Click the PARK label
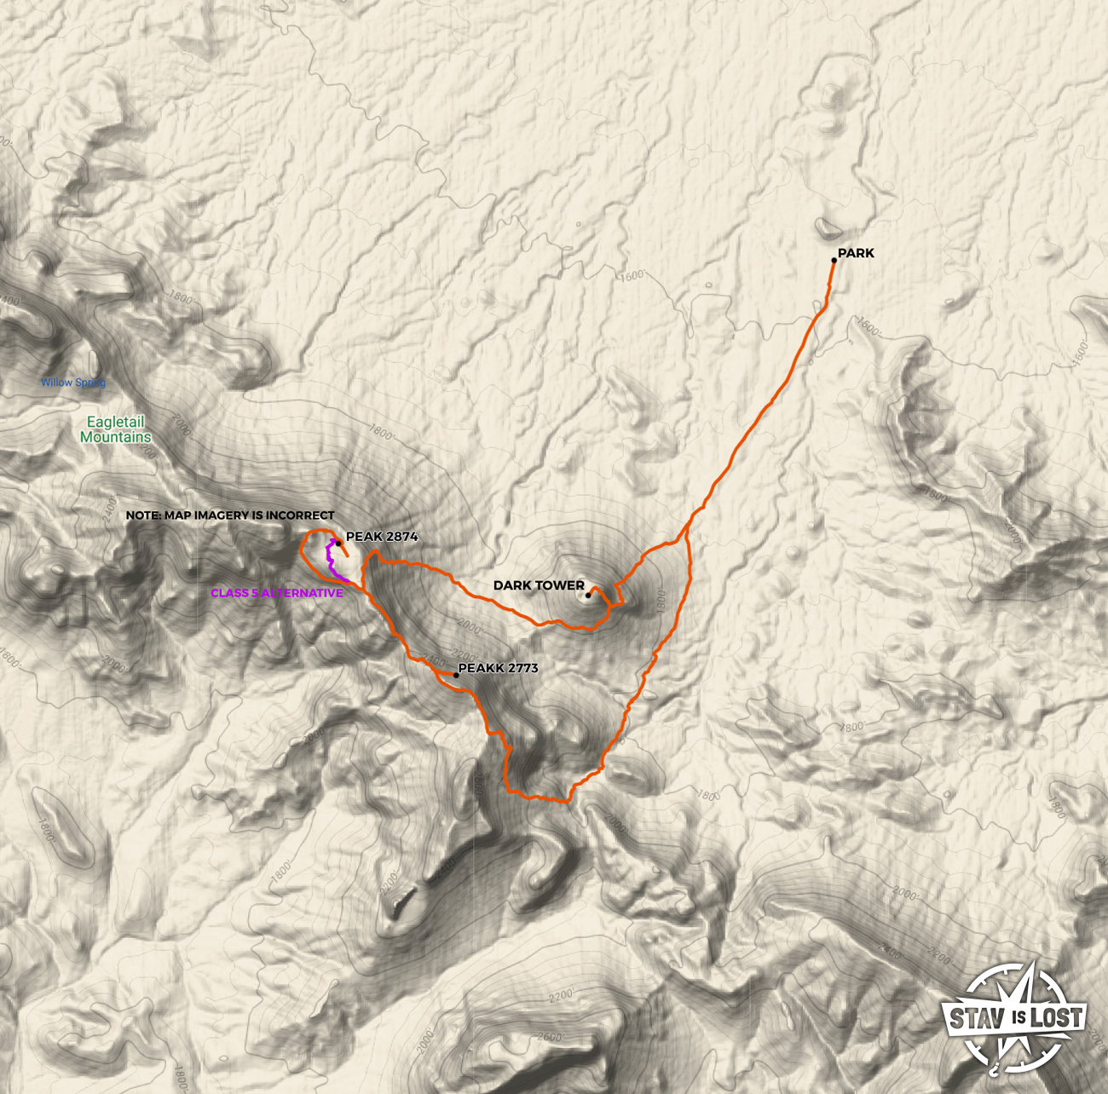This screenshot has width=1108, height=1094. click(856, 253)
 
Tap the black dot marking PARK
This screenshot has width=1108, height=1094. click(834, 261)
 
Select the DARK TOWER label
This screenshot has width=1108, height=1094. click(539, 585)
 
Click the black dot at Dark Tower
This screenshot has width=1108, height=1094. click(588, 596)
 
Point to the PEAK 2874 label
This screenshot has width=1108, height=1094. click(382, 537)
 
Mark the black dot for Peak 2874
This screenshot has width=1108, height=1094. click(338, 543)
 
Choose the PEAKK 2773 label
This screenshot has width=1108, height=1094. click(499, 668)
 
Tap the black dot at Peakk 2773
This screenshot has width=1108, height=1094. click(457, 676)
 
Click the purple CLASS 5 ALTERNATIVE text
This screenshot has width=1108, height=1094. click(276, 593)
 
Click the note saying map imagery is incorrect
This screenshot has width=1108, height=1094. click(230, 515)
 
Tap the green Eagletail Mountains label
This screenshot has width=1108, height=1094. click(116, 429)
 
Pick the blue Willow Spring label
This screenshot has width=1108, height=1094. click(73, 383)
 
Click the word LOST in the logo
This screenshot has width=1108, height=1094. click(1056, 1017)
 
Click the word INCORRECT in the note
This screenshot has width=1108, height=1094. click(300, 515)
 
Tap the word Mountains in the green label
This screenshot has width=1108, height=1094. click(116, 437)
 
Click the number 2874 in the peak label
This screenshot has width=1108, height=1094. click(401, 537)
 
